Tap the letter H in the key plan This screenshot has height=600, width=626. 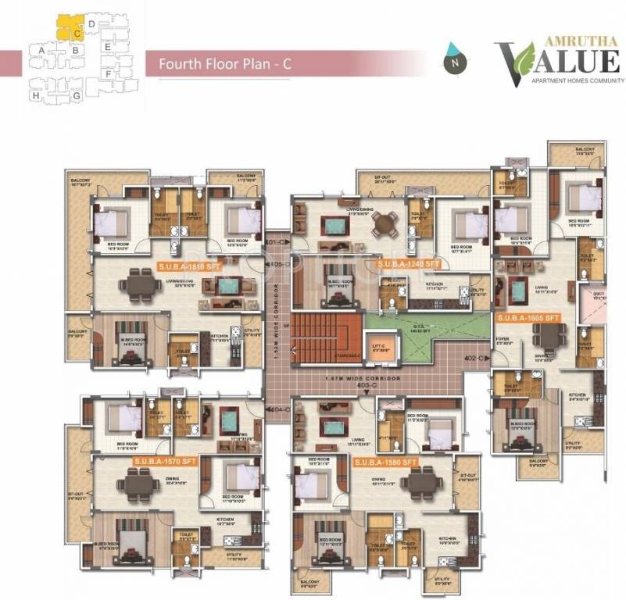point(35,95)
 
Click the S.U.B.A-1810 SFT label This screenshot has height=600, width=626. point(188,265)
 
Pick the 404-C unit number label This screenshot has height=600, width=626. point(277,409)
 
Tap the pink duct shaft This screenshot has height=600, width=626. point(598,298)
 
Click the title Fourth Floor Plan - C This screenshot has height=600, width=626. point(224,64)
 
